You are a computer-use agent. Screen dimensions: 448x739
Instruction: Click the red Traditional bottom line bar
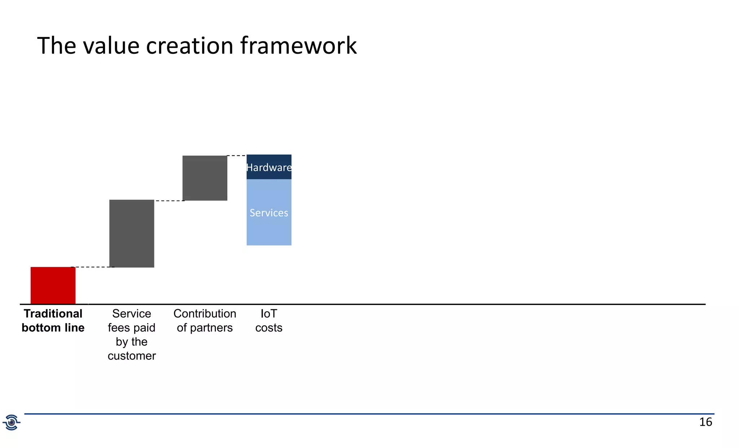[x=53, y=285]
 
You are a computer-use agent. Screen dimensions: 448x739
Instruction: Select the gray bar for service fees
[x=132, y=234]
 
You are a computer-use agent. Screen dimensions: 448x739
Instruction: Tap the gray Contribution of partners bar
[x=205, y=178]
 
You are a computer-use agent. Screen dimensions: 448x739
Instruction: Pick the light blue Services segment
[x=269, y=227]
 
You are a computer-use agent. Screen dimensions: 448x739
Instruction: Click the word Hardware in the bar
[x=269, y=168]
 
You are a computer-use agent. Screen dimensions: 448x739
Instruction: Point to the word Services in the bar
[x=269, y=213]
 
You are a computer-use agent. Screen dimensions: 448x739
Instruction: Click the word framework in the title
[x=298, y=46]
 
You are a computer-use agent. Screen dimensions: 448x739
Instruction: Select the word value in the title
[x=111, y=46]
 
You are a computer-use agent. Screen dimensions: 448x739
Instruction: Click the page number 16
[x=705, y=422]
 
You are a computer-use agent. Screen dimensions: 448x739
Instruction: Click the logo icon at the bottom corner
[x=12, y=422]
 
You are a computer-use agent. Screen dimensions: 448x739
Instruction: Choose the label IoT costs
[x=269, y=320]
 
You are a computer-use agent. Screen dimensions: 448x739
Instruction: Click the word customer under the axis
[x=132, y=356]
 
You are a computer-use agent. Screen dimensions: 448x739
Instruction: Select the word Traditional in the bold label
[x=53, y=314]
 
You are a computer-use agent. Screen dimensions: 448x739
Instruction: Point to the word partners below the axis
[x=211, y=328]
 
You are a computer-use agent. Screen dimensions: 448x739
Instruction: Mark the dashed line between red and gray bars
[x=92, y=267]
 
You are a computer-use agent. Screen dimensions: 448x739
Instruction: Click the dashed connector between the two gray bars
[x=169, y=201]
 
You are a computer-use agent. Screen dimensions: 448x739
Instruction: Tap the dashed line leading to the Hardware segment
[x=237, y=156]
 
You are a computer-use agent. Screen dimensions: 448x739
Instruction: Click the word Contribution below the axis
[x=205, y=314]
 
